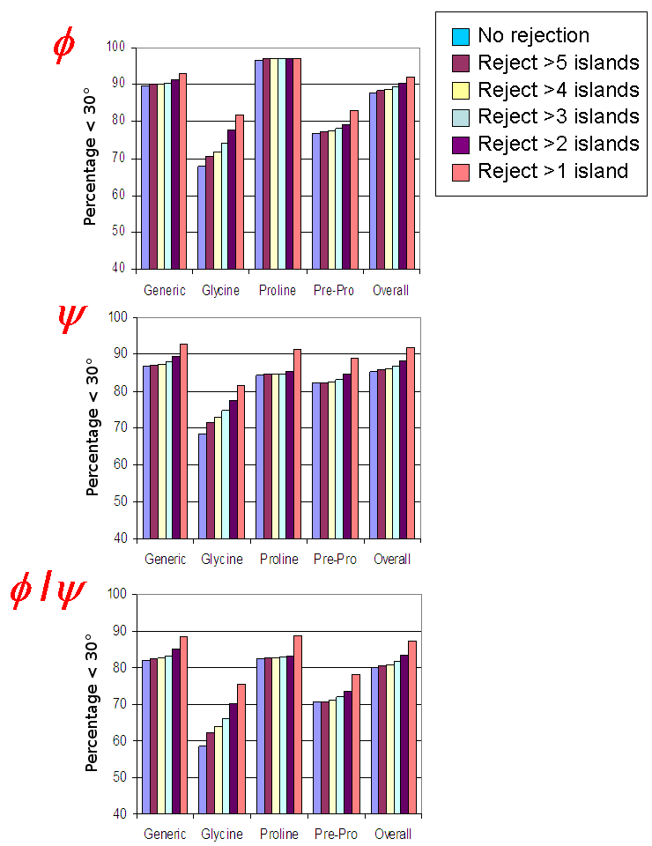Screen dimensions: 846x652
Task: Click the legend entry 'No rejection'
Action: [x=533, y=36]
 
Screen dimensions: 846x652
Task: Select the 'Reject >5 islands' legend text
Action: [x=558, y=63]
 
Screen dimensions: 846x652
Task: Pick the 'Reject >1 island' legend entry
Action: [x=552, y=171]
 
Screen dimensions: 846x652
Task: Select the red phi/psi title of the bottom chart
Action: [x=48, y=594]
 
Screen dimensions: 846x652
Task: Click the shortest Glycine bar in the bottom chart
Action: [x=203, y=779]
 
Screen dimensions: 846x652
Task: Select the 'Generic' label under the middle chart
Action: [x=166, y=560]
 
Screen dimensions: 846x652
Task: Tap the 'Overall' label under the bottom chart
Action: [x=392, y=834]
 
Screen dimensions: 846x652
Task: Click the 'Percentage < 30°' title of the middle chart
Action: [x=93, y=428]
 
